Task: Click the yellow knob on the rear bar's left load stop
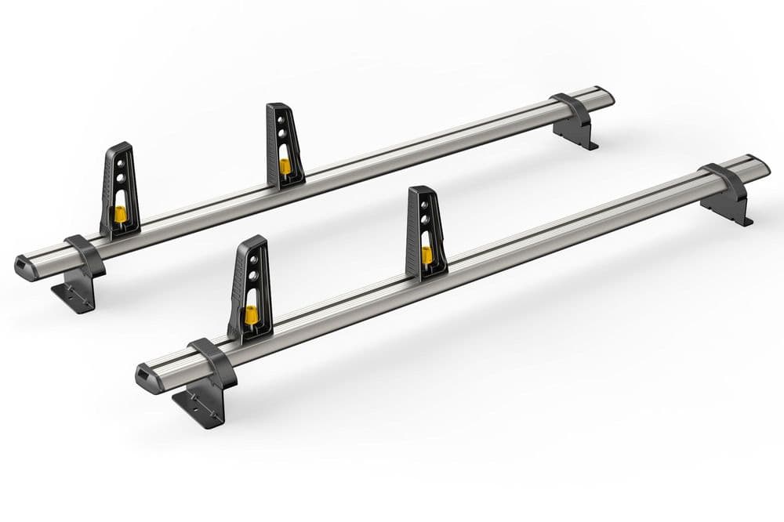pyautogui.click(x=120, y=213)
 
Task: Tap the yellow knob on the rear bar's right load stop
pyautogui.click(x=285, y=165)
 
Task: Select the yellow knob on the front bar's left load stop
pyautogui.click(x=252, y=315)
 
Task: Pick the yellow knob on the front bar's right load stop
pyautogui.click(x=426, y=255)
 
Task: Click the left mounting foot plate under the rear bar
pyautogui.click(x=74, y=297)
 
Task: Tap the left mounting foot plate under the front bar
pyautogui.click(x=195, y=408)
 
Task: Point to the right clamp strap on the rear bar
pyautogui.click(x=572, y=110)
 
